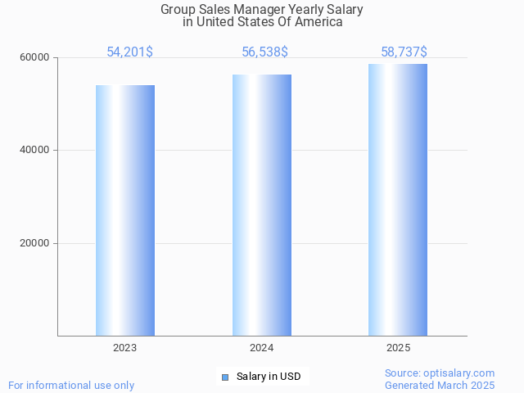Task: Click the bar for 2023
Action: click(x=125, y=210)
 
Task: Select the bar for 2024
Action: click(x=262, y=205)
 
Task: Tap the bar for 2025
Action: click(x=398, y=200)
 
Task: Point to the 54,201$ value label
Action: click(x=129, y=52)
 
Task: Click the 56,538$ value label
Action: click(x=264, y=52)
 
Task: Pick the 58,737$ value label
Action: click(x=404, y=52)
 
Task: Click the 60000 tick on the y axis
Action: click(x=35, y=57)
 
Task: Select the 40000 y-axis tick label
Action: click(x=35, y=150)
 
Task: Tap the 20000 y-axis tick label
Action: click(x=35, y=243)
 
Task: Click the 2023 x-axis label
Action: click(x=125, y=348)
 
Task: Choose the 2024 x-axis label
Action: click(x=262, y=348)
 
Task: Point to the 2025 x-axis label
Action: click(x=398, y=348)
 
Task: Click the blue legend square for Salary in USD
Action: click(x=225, y=377)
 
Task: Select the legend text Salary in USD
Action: click(x=269, y=377)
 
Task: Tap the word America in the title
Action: click(x=318, y=22)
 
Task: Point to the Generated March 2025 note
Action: click(x=440, y=385)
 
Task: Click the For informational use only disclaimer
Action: click(x=71, y=385)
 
